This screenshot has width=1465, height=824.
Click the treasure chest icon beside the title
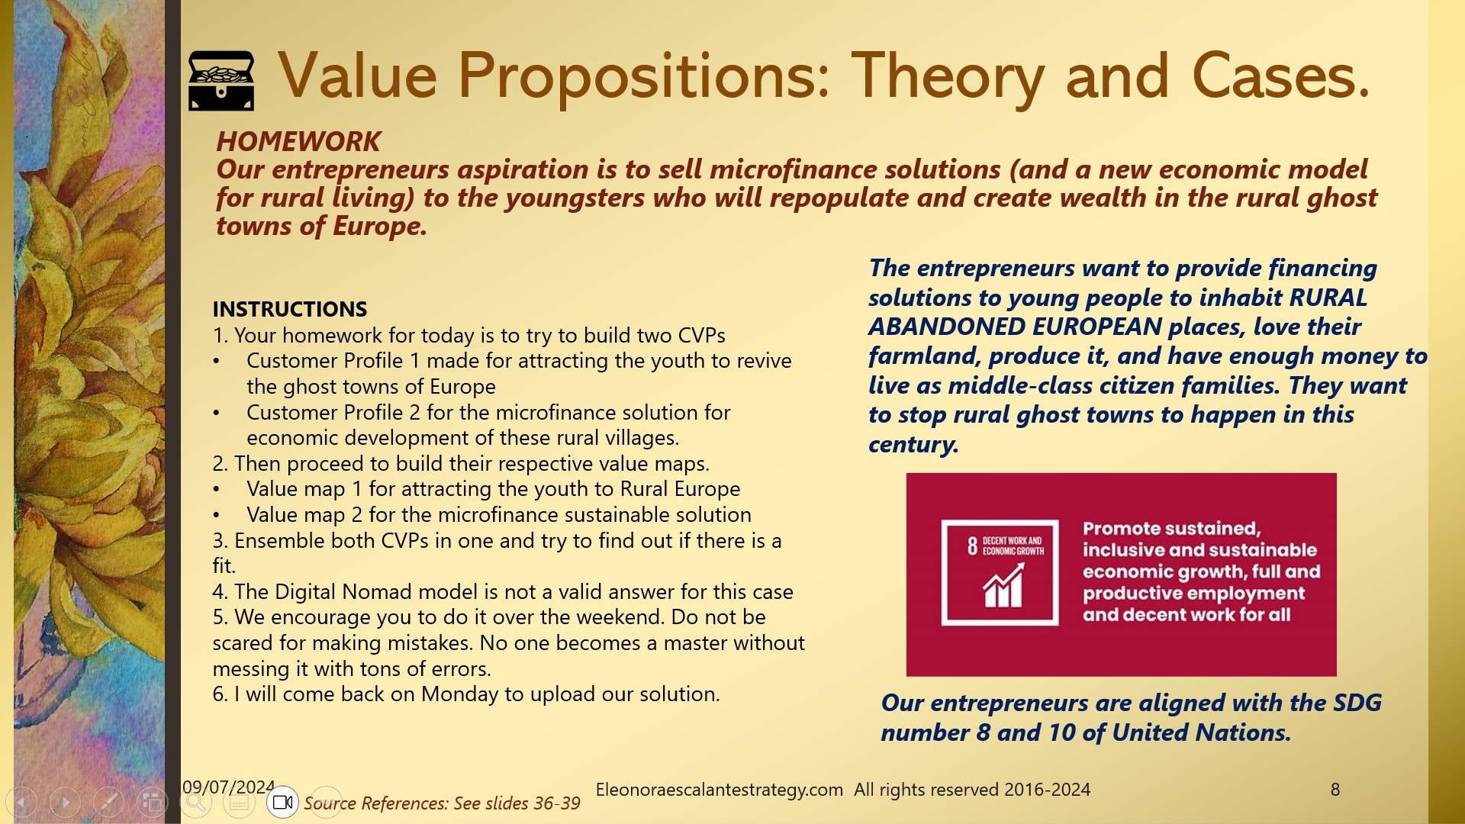pyautogui.click(x=221, y=80)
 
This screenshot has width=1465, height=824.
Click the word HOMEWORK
pyautogui.click(x=298, y=142)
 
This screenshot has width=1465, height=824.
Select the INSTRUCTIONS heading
pyautogui.click(x=289, y=309)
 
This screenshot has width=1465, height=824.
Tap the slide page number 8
pyautogui.click(x=1335, y=790)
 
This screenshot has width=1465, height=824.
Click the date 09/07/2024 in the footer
pyautogui.click(x=228, y=787)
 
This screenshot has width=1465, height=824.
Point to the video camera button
pyautogui.click(x=283, y=802)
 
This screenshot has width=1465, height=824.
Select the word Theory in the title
pyautogui.click(x=947, y=76)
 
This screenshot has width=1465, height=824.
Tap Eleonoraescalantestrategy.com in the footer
pyautogui.click(x=719, y=790)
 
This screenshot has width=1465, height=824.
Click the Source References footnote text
pyautogui.click(x=442, y=803)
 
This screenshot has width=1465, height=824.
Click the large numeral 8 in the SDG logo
pyautogui.click(x=972, y=546)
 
